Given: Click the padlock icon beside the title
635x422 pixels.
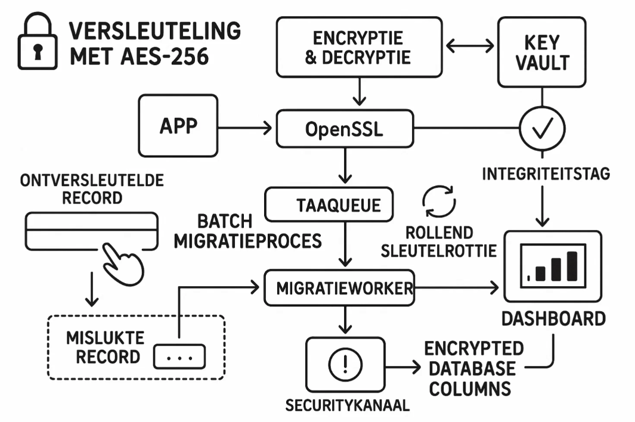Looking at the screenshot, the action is point(37,41).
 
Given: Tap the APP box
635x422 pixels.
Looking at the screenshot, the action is point(178,126).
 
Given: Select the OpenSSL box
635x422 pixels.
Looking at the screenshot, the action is point(345,129).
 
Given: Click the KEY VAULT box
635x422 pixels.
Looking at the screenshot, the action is point(542,52).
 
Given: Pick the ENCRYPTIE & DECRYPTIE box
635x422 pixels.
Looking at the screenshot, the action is point(359,47).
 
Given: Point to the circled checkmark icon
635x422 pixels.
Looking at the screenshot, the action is point(542,128).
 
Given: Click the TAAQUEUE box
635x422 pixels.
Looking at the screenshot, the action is point(329,204).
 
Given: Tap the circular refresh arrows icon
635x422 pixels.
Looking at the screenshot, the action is point(439,201).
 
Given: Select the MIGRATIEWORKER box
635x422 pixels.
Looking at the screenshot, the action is point(339,288).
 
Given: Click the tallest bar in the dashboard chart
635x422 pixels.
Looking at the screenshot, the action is point(572,266).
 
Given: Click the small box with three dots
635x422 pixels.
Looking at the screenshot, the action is point(179,356).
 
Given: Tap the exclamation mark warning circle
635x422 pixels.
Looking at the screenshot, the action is point(345,365).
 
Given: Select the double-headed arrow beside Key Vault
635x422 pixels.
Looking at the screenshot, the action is point(470,46).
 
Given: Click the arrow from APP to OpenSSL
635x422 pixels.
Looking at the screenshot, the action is point(245,128).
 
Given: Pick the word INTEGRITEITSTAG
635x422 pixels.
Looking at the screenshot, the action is point(546,173).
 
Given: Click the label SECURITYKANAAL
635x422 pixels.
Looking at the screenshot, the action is point(348,405).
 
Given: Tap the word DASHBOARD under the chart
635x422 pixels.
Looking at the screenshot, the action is point(553,319).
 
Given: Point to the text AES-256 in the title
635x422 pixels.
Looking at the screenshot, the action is point(165,56).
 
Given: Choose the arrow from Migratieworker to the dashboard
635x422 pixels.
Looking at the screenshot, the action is point(457,288).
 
